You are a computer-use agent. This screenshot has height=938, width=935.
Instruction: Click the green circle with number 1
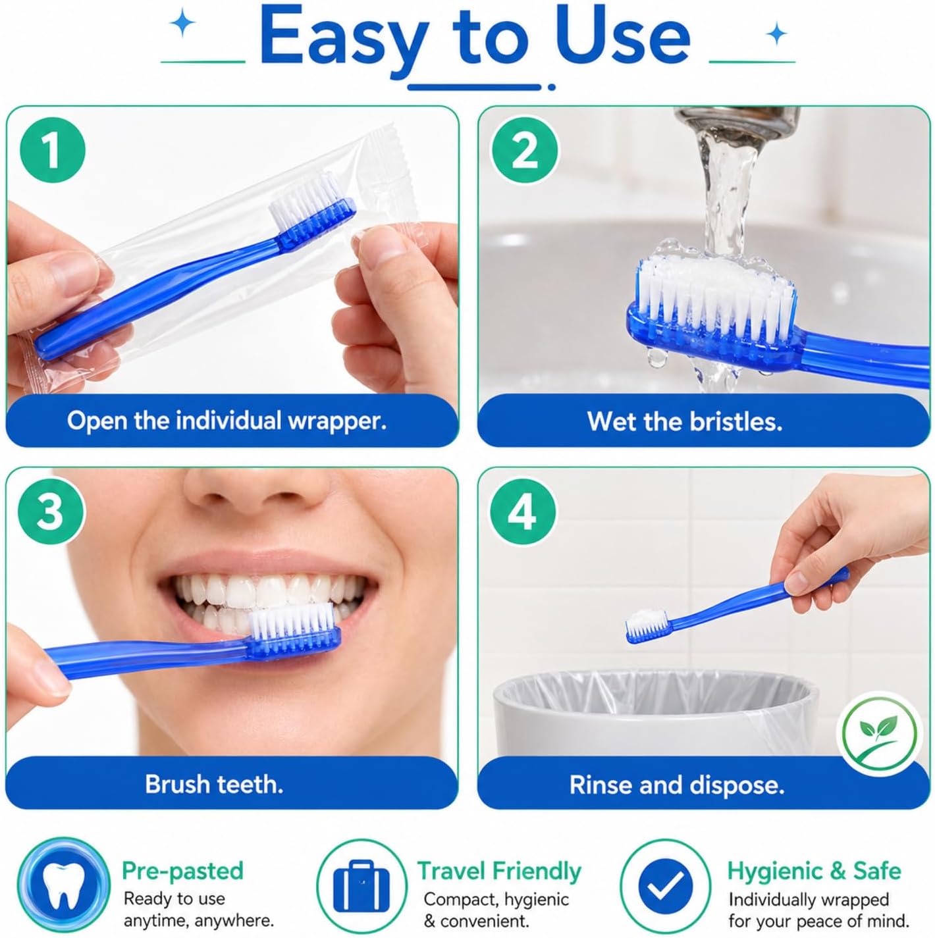tap(53, 150)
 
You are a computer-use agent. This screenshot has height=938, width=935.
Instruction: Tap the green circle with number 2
tap(524, 151)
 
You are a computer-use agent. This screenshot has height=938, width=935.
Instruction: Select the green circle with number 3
tap(51, 511)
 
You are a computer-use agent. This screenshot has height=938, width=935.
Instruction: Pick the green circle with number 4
tap(523, 511)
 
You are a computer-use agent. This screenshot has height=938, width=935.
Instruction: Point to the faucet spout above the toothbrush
tap(736, 122)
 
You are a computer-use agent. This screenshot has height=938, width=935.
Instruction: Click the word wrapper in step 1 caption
tap(338, 421)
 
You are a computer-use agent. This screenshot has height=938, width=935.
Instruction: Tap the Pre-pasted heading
tap(182, 872)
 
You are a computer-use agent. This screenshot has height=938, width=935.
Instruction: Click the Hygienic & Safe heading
tap(815, 872)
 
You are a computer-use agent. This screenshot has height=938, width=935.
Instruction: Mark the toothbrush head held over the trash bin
tap(649, 626)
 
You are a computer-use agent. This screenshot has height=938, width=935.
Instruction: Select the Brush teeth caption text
tap(214, 784)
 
